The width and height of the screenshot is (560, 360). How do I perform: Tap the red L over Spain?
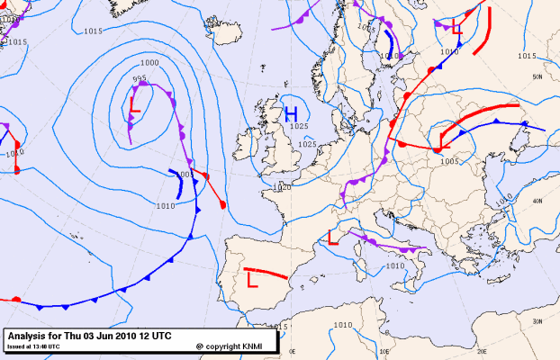(x=252, y=280)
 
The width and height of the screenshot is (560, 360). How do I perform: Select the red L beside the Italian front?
(x=333, y=238)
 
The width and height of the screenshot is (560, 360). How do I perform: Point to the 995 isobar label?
(x=140, y=79)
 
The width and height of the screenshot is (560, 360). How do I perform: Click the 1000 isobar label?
(x=149, y=62)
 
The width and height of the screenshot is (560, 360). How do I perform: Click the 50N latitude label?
(x=537, y=77)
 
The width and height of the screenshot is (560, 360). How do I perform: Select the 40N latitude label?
(x=537, y=201)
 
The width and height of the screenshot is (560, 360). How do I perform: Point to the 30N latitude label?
(x=537, y=321)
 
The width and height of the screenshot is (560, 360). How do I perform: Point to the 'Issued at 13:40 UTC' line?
(x=33, y=346)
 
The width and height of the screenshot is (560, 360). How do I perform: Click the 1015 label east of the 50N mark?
(x=527, y=56)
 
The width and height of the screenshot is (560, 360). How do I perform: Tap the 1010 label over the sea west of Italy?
(x=394, y=265)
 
